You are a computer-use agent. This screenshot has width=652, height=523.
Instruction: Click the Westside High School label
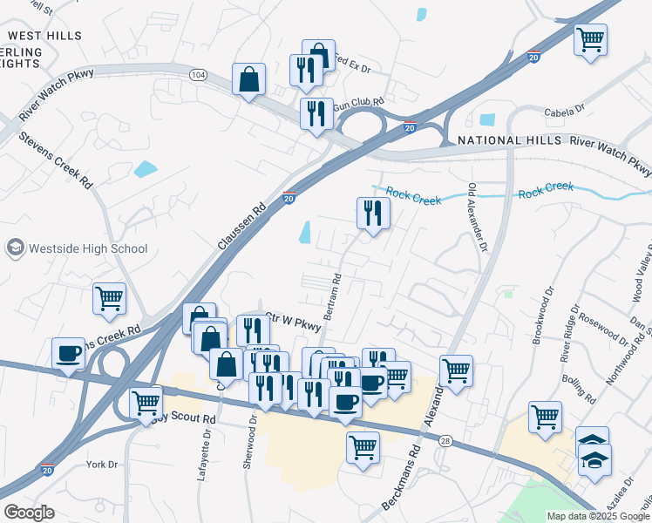88,248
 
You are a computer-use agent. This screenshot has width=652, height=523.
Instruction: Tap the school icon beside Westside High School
15,248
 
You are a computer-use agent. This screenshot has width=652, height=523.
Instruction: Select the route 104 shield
198,76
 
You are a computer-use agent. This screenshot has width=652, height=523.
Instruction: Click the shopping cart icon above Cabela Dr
590,39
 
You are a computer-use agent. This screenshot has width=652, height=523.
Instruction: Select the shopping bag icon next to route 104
249,79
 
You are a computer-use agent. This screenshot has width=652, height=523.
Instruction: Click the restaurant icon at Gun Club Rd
316,113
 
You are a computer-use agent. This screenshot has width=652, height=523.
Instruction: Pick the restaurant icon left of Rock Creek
373,214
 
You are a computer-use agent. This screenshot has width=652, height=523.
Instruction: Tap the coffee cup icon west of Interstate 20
68,353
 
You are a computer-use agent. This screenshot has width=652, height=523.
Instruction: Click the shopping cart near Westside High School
109,298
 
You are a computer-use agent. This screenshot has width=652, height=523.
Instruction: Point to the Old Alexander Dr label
476,218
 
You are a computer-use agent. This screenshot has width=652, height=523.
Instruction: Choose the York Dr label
102,465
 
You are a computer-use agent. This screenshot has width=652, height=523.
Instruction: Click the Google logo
29,513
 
